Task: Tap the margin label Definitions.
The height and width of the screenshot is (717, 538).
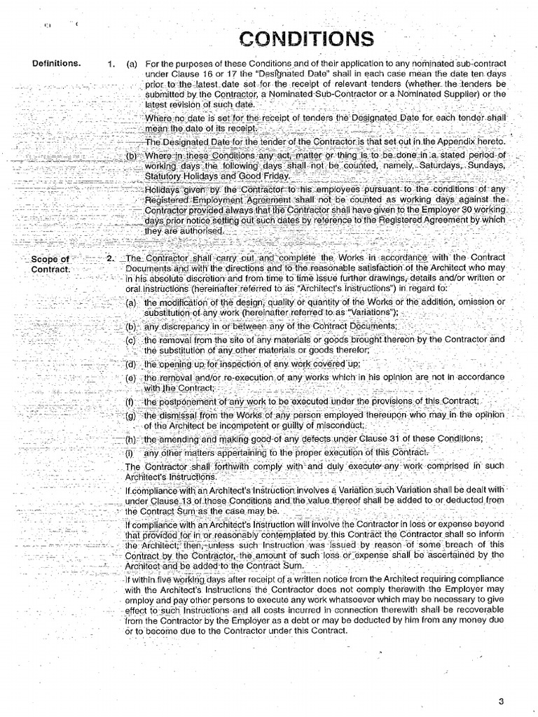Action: [x=56, y=64]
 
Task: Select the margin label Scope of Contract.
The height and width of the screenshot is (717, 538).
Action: [x=50, y=265]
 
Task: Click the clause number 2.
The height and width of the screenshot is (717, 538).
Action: [x=110, y=259]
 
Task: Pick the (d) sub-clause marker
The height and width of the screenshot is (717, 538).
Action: [x=130, y=365]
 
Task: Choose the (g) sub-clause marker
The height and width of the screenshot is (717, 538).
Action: [x=130, y=415]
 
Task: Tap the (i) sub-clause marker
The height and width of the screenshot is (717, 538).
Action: [x=130, y=452]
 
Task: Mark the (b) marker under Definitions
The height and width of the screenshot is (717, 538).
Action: [x=131, y=155]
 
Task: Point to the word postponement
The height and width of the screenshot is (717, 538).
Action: [x=183, y=401]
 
